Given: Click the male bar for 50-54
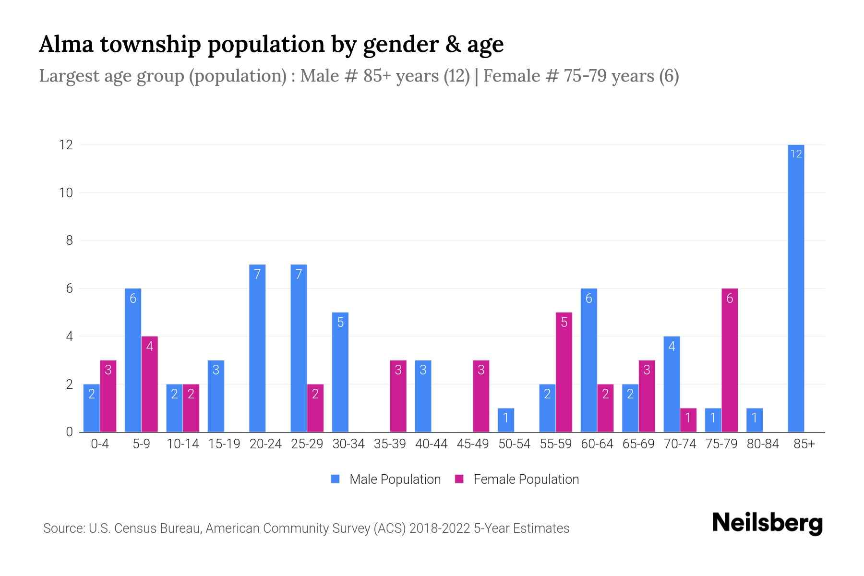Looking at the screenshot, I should click(506, 420).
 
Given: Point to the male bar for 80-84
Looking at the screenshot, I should click(755, 420).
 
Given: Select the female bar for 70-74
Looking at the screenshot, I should click(688, 420).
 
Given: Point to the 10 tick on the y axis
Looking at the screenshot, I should click(66, 193).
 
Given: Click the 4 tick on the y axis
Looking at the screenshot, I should click(69, 336).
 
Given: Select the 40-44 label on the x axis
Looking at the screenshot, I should click(431, 444).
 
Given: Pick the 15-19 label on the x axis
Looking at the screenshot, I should click(224, 444).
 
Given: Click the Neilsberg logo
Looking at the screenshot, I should click(767, 523).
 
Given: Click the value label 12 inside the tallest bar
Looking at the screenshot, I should click(796, 154).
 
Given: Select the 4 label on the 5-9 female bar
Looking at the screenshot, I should click(149, 346).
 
